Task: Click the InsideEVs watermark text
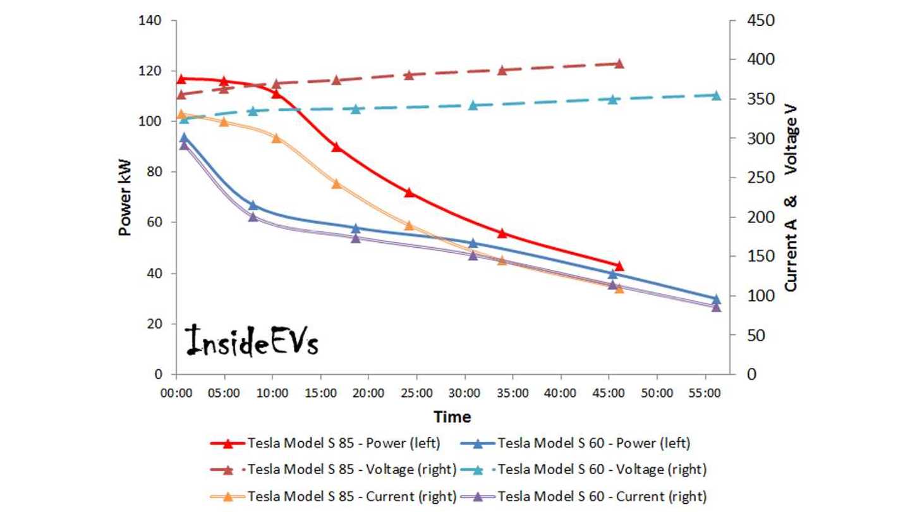tap(252, 341)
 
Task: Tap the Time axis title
tap(451, 417)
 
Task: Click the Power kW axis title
tap(125, 197)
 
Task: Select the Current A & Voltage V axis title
tap(791, 197)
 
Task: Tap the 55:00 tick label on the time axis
tap(704, 393)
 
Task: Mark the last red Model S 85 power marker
tap(619, 266)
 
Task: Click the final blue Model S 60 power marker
tap(716, 299)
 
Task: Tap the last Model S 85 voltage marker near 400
tap(619, 64)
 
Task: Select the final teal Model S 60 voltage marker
tap(716, 95)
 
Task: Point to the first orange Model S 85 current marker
tap(181, 115)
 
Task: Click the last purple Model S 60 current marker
tap(716, 307)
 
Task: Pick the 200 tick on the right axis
tap(753, 217)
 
